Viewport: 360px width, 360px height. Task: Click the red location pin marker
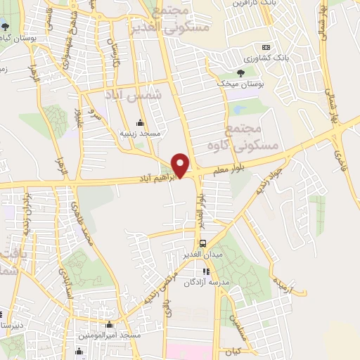pos(181,165)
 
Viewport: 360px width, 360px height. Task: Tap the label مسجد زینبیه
pos(140,133)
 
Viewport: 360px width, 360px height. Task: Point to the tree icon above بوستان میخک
pos(241,72)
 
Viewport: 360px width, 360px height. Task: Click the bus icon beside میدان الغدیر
pos(203,243)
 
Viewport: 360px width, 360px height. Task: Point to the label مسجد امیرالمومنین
pos(110,335)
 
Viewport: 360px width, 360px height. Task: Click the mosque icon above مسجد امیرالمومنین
pos(110,325)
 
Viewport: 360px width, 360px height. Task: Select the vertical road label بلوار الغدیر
pos(200,211)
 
